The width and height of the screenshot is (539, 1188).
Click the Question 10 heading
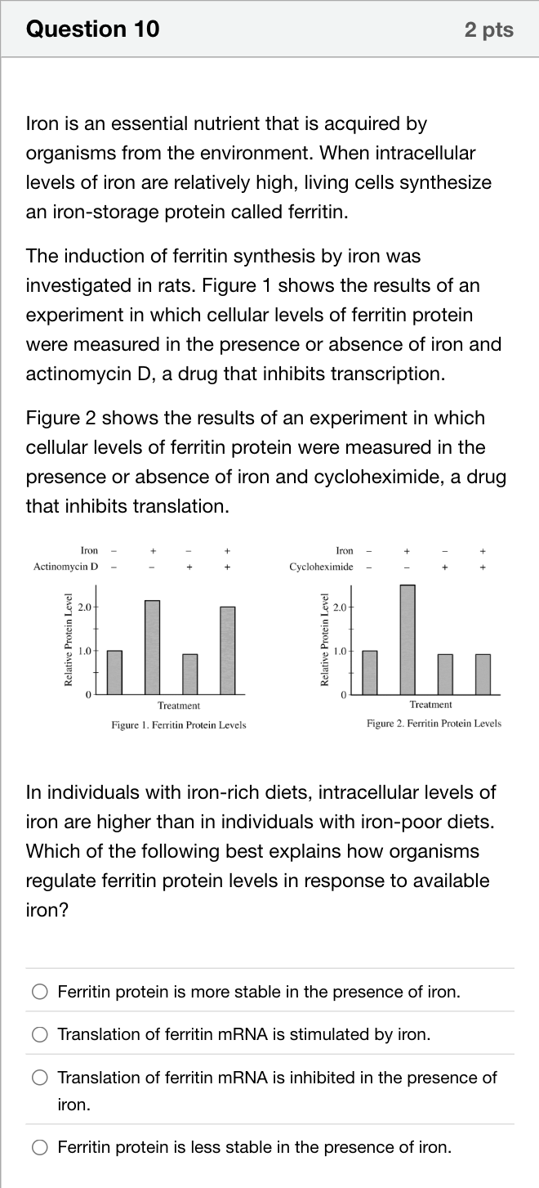[93, 29]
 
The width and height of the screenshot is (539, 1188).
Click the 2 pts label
[489, 29]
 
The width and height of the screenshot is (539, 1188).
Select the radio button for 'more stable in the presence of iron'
[40, 992]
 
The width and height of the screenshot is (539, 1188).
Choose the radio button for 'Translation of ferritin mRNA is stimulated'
[40, 1034]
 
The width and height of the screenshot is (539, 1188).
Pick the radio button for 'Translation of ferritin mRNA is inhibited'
[40, 1077]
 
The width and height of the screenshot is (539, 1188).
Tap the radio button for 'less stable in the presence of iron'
[40, 1147]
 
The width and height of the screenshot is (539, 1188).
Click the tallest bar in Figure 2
[408, 639]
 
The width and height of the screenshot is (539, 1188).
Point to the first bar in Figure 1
[114, 673]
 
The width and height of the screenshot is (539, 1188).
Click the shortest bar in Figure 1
[189, 674]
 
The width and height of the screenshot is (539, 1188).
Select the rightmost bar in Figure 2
[483, 675]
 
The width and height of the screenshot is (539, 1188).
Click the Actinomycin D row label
[65, 567]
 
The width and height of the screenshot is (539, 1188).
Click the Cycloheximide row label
[321, 567]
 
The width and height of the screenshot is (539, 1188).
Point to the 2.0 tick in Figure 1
[85, 607]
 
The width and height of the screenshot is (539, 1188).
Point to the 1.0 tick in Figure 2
[341, 652]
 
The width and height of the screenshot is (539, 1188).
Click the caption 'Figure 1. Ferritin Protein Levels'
[179, 725]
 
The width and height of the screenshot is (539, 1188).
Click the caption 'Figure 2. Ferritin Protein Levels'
[434, 724]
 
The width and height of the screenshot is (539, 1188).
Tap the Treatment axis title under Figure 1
[179, 706]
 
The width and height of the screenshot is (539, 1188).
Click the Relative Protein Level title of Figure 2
[324, 640]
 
